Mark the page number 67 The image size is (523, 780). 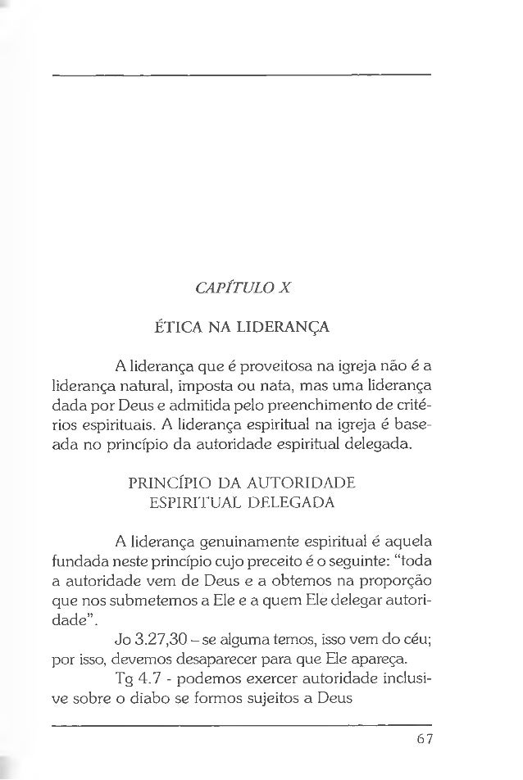[422, 737]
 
